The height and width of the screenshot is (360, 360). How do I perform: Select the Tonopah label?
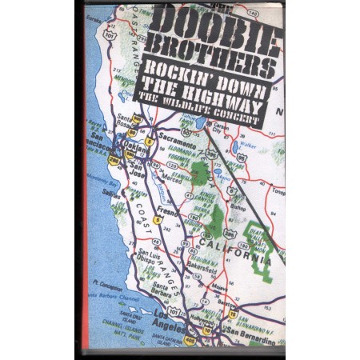[277, 190]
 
